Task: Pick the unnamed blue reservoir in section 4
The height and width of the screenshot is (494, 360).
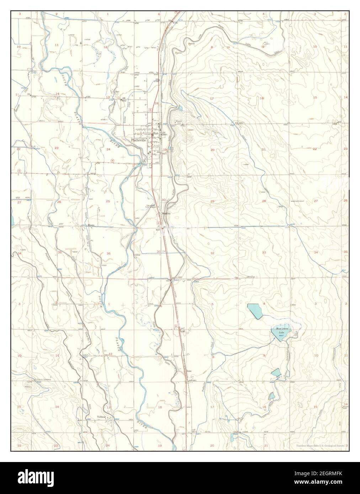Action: tap(255, 311)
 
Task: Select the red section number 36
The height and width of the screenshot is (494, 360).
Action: tap(108, 253)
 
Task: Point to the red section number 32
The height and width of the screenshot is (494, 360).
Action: tap(212, 253)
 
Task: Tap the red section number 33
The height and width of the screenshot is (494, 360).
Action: tap(264, 252)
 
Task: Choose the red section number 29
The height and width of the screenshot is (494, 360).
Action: tap(212, 202)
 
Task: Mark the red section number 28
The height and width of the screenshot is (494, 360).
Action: tap(264, 201)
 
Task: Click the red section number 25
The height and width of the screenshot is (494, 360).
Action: tap(108, 202)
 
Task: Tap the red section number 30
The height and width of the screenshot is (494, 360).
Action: tap(164, 200)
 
